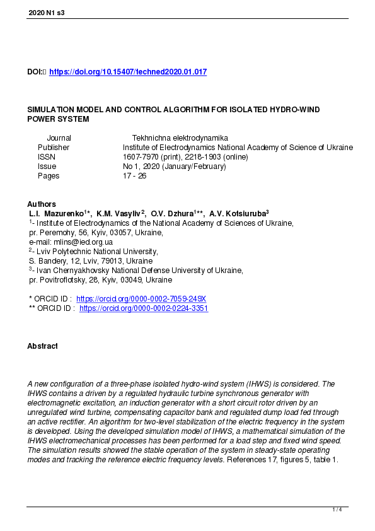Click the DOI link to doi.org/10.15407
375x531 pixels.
(127, 73)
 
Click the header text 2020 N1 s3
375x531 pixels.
(46, 12)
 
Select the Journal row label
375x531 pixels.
(59, 138)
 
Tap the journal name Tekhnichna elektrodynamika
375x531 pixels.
(180, 138)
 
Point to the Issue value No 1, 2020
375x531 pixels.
(144, 166)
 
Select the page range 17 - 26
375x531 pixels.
(134, 176)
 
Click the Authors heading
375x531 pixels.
(42, 204)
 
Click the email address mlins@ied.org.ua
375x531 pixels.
(79, 242)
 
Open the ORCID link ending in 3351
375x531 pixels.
(144, 308)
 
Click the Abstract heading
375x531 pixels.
(42, 346)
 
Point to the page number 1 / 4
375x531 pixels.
(337, 510)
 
